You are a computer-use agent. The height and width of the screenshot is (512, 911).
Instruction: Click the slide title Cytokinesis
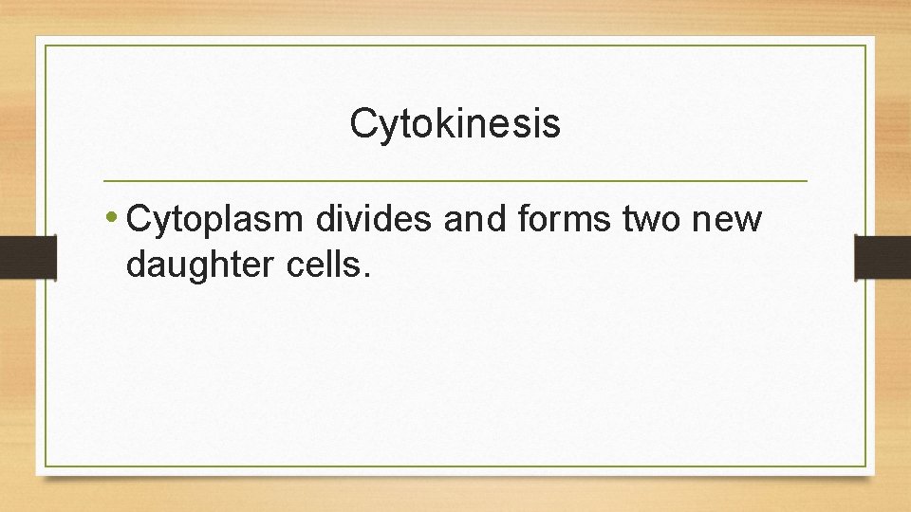tap(455, 124)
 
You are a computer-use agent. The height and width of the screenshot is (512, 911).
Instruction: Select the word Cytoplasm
tap(214, 220)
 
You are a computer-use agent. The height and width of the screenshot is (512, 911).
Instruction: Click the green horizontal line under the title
tap(455, 180)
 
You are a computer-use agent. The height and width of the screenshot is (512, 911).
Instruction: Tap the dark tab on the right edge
tap(883, 257)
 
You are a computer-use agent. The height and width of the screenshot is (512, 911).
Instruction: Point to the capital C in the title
tap(363, 123)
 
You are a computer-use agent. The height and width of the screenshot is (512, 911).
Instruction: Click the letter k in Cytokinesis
tap(431, 123)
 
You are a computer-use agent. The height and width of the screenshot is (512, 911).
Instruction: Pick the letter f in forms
tap(525, 218)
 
